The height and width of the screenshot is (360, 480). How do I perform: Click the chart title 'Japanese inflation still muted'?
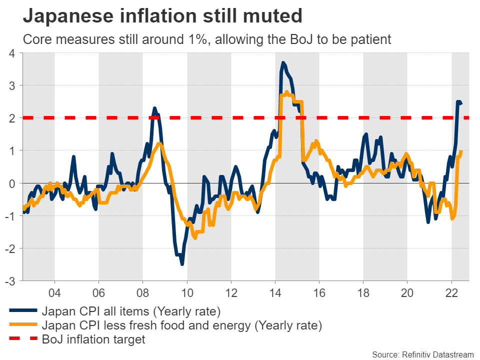162,16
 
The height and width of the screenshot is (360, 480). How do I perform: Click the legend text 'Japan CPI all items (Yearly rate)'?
131,312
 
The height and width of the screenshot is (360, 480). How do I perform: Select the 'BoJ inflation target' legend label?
93,339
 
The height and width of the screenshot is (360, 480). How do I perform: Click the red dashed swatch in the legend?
22,339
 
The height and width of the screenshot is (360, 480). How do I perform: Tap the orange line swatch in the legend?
22,326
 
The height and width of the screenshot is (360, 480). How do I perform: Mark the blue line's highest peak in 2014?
283,63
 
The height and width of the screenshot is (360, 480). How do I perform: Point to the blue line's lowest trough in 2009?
182,264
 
